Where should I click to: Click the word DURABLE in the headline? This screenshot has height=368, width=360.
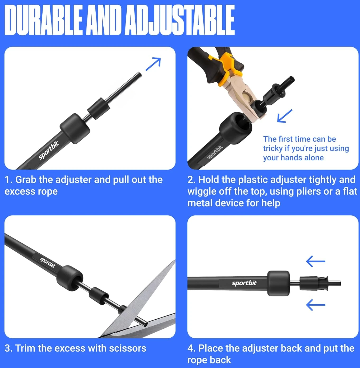point(43,20)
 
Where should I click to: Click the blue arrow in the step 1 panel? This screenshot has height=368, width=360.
point(153,64)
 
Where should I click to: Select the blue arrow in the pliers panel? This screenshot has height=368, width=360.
point(285,116)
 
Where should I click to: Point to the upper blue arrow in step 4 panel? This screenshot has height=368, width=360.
point(316,261)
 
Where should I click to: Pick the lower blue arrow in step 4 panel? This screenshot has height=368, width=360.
point(316,305)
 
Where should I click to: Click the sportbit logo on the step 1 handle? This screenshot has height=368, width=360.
point(49,150)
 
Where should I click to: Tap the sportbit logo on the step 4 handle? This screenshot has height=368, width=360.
point(244,283)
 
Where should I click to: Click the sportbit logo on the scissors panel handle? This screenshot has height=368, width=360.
point(48,263)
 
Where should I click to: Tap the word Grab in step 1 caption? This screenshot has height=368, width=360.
point(26,180)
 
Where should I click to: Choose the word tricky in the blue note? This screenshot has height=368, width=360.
point(273,149)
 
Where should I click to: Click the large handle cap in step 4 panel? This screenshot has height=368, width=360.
point(279,283)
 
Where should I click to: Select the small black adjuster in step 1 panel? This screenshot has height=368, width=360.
point(99,109)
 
